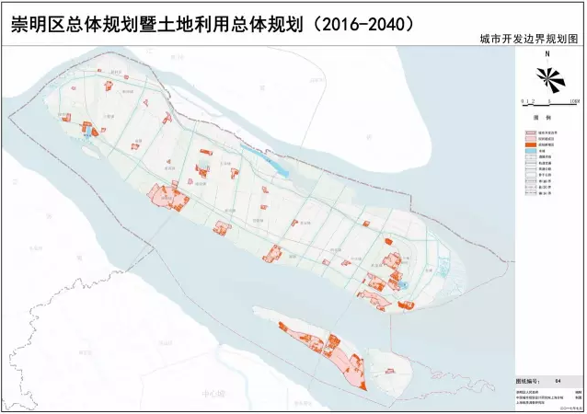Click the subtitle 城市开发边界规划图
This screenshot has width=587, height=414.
click(x=527, y=41)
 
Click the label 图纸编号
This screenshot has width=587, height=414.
click(x=527, y=379)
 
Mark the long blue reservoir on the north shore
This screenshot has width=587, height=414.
click(x=272, y=162)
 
